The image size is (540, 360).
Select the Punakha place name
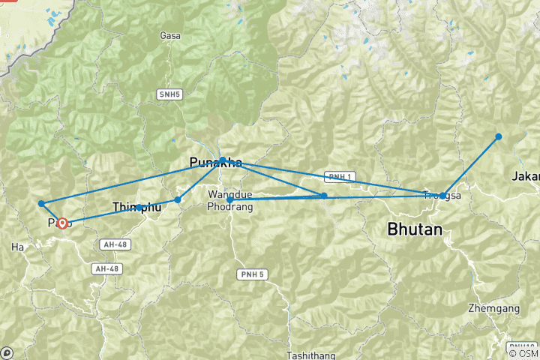coord(216,163)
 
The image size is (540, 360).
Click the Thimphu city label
coord(136,207)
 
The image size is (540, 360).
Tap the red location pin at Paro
coord(62,223)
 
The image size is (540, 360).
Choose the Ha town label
coord(17,246)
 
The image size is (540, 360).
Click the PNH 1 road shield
coord(338,177)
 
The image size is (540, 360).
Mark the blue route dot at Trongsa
coord(443,196)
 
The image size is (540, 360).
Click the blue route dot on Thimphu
coord(139,207)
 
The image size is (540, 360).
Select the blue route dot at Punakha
coord(223,160)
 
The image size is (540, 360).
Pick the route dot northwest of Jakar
coord(498,136)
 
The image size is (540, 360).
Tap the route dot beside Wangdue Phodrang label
coord(229,200)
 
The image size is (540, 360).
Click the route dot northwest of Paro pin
coord(41,203)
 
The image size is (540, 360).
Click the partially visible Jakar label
coord(526,177)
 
